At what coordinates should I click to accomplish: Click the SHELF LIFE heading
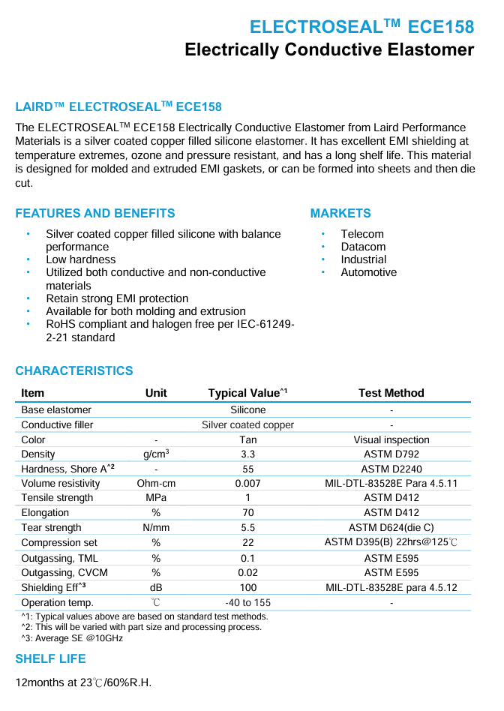click(x=50, y=658)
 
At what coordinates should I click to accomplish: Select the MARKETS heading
click(x=340, y=213)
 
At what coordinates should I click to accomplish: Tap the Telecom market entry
click(x=361, y=234)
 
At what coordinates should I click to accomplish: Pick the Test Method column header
click(x=391, y=393)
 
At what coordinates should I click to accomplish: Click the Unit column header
click(x=156, y=393)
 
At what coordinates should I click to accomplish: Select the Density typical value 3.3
click(x=247, y=454)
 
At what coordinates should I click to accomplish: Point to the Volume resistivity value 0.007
click(x=247, y=484)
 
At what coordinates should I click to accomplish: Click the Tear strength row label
click(x=51, y=528)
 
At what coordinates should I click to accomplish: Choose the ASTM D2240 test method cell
click(x=391, y=469)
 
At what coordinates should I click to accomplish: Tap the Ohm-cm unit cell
click(x=156, y=484)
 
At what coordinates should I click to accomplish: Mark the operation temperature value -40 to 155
click(x=247, y=602)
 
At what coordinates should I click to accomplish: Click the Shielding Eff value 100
click(x=247, y=588)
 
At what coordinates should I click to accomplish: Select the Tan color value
click(x=247, y=440)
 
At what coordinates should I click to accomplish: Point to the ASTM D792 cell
click(x=391, y=454)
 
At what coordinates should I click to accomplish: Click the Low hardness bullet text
click(x=81, y=259)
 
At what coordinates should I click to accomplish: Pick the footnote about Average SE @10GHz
click(x=72, y=638)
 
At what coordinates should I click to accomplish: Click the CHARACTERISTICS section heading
click(x=73, y=370)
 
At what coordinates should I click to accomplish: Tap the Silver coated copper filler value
click(x=247, y=425)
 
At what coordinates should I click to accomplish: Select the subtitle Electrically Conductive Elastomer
click(x=329, y=50)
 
